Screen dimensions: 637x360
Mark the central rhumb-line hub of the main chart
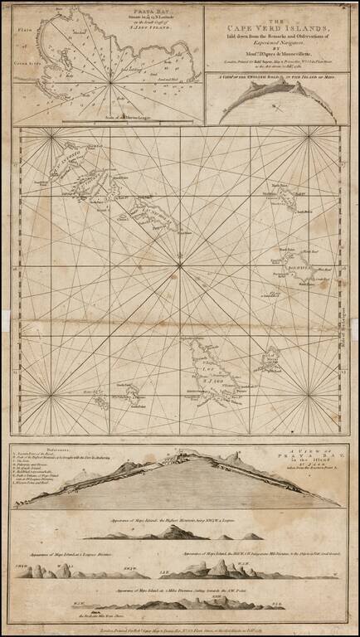click(x=180, y=265)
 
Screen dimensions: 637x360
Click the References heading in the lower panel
click(x=36, y=450)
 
